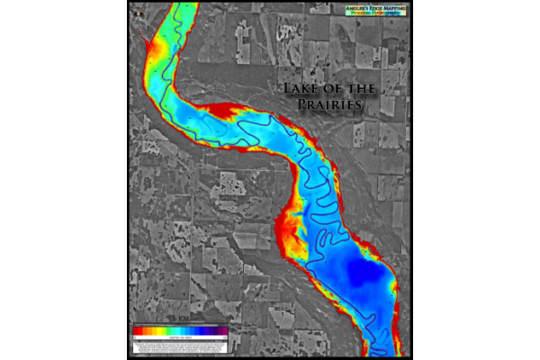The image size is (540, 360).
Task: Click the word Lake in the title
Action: (301, 89)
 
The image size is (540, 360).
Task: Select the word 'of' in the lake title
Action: (328, 89)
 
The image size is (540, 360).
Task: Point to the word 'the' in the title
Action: (352, 89)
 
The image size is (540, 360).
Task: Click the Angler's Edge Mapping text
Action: (376, 8)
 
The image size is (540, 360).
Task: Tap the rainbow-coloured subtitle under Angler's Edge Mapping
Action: (376, 14)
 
